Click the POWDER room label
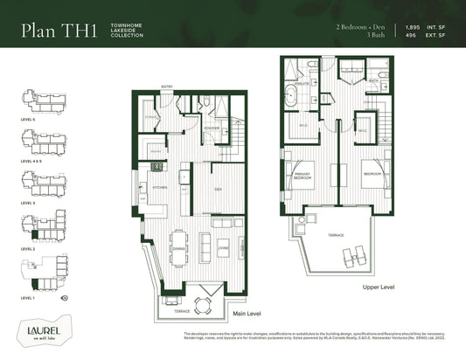211,127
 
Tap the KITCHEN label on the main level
160,188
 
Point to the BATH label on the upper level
372,81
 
